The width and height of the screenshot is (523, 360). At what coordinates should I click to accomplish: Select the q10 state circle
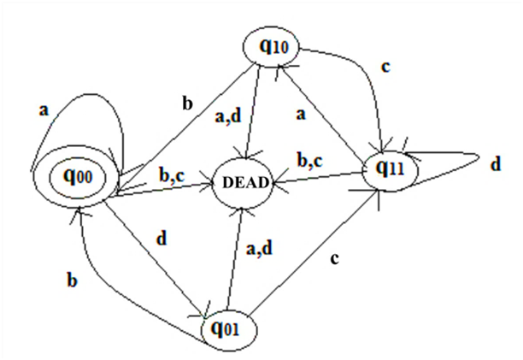coord(271,46)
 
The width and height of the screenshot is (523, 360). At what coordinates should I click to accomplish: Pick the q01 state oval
coord(226,328)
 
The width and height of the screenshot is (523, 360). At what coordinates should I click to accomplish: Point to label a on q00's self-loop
coord(45,110)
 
